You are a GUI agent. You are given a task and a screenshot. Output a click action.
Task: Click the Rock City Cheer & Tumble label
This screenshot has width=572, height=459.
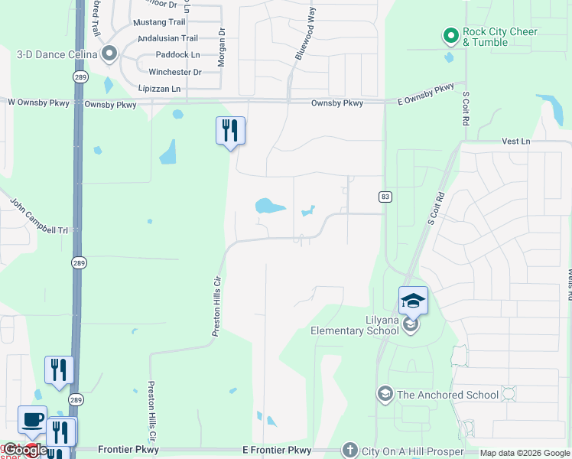tap(500, 37)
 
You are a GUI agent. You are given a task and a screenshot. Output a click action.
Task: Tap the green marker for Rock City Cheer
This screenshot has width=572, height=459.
tap(450, 35)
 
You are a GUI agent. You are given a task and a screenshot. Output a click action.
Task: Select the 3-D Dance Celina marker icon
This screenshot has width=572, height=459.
tap(109, 54)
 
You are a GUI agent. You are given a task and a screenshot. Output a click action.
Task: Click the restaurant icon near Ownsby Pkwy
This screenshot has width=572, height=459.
tap(230, 131)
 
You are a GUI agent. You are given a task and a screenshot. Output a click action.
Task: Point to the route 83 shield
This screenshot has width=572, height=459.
tap(385, 197)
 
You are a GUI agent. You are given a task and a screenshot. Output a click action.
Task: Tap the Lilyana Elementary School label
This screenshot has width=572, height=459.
tap(354, 325)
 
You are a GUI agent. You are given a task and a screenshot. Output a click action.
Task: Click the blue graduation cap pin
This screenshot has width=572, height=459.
tap(413, 301)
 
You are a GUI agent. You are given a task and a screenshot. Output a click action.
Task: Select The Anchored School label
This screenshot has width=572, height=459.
tap(447, 395)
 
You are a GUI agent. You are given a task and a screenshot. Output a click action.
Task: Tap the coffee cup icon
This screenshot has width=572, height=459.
tap(32, 420)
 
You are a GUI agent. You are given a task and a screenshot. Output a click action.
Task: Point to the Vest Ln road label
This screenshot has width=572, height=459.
tap(516, 142)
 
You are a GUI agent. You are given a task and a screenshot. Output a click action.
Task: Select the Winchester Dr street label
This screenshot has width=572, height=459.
tap(174, 72)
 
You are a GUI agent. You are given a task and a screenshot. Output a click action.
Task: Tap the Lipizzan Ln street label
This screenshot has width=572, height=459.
tap(159, 89)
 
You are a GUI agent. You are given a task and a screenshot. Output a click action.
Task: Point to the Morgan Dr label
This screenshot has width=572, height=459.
tap(221, 47)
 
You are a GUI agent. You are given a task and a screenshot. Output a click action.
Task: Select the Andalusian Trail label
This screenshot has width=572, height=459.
tap(167, 38)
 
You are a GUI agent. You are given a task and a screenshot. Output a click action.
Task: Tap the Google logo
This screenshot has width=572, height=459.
tap(24, 450)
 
